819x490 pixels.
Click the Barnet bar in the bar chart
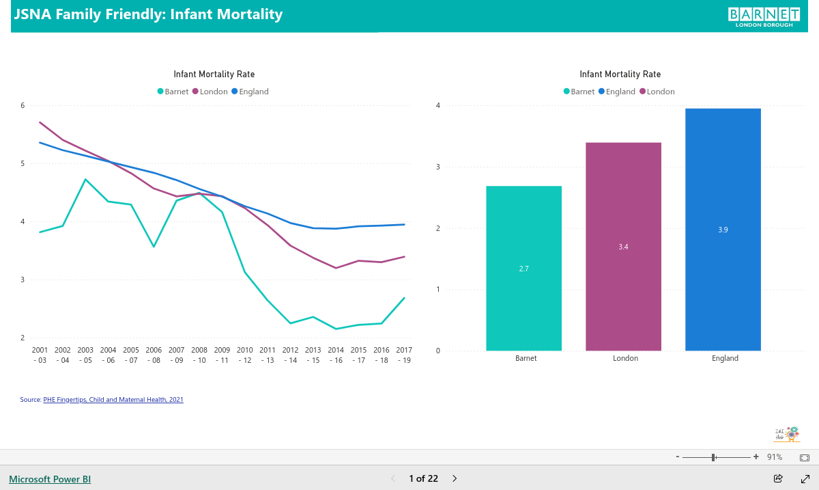(523, 268)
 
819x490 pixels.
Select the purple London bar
(623, 247)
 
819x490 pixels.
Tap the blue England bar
(723, 230)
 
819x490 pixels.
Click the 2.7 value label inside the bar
(523, 269)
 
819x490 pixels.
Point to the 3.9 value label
(723, 230)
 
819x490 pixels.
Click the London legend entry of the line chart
(210, 92)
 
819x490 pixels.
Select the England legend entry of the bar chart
(617, 92)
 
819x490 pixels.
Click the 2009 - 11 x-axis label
(222, 355)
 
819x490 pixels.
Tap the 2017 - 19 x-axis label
(404, 355)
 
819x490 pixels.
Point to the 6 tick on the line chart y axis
(23, 105)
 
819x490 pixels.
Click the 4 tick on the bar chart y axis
(438, 105)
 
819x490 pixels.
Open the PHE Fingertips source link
(113, 400)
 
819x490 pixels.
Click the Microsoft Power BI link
(50, 479)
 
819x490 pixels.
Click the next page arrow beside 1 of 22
(455, 478)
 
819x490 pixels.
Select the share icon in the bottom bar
(778, 478)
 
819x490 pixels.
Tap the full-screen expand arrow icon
(805, 478)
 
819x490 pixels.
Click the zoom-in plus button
(756, 457)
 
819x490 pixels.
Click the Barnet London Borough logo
(764, 17)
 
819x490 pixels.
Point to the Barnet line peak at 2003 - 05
(85, 179)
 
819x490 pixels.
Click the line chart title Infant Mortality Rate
(214, 74)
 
